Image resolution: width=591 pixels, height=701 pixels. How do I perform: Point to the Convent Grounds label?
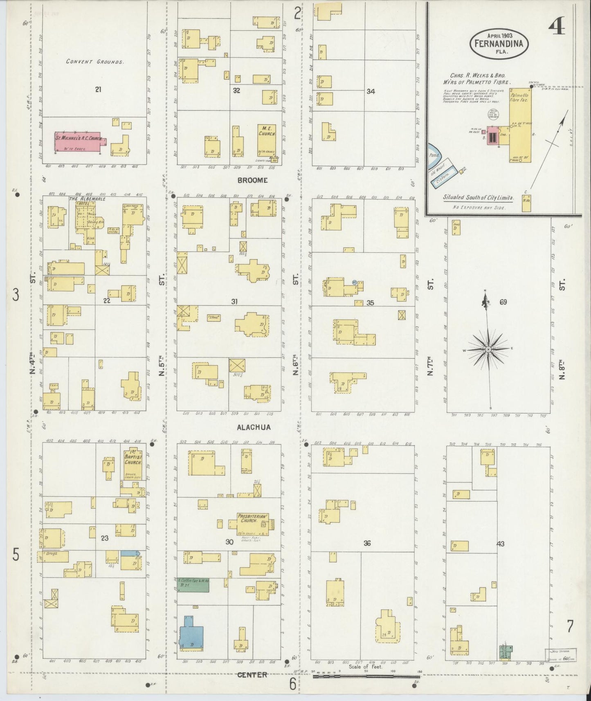pyautogui.click(x=95, y=62)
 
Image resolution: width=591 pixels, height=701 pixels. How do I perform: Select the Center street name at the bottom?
pyautogui.click(x=252, y=674)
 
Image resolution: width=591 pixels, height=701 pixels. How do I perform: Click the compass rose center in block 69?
pyautogui.click(x=488, y=350)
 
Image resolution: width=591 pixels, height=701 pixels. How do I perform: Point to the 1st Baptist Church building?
pyautogui.click(x=133, y=465)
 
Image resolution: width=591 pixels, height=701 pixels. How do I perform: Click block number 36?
pyautogui.click(x=367, y=543)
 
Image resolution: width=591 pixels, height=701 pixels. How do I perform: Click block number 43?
pyautogui.click(x=500, y=544)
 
